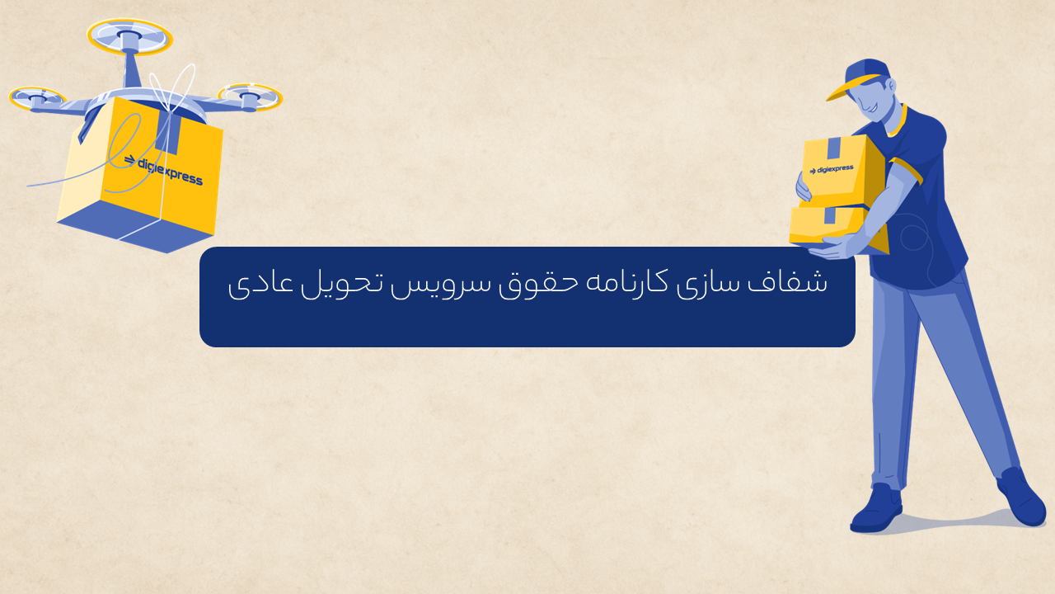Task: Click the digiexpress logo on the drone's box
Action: click(163, 170)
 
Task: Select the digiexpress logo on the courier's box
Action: click(832, 169)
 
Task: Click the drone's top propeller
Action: click(129, 37)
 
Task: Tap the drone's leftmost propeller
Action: click(37, 97)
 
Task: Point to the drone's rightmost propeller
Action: click(250, 97)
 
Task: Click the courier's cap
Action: click(861, 78)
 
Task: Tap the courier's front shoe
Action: click(876, 509)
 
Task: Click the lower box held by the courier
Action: click(836, 226)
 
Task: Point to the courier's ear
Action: click(891, 85)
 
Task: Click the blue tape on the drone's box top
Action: click(168, 131)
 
